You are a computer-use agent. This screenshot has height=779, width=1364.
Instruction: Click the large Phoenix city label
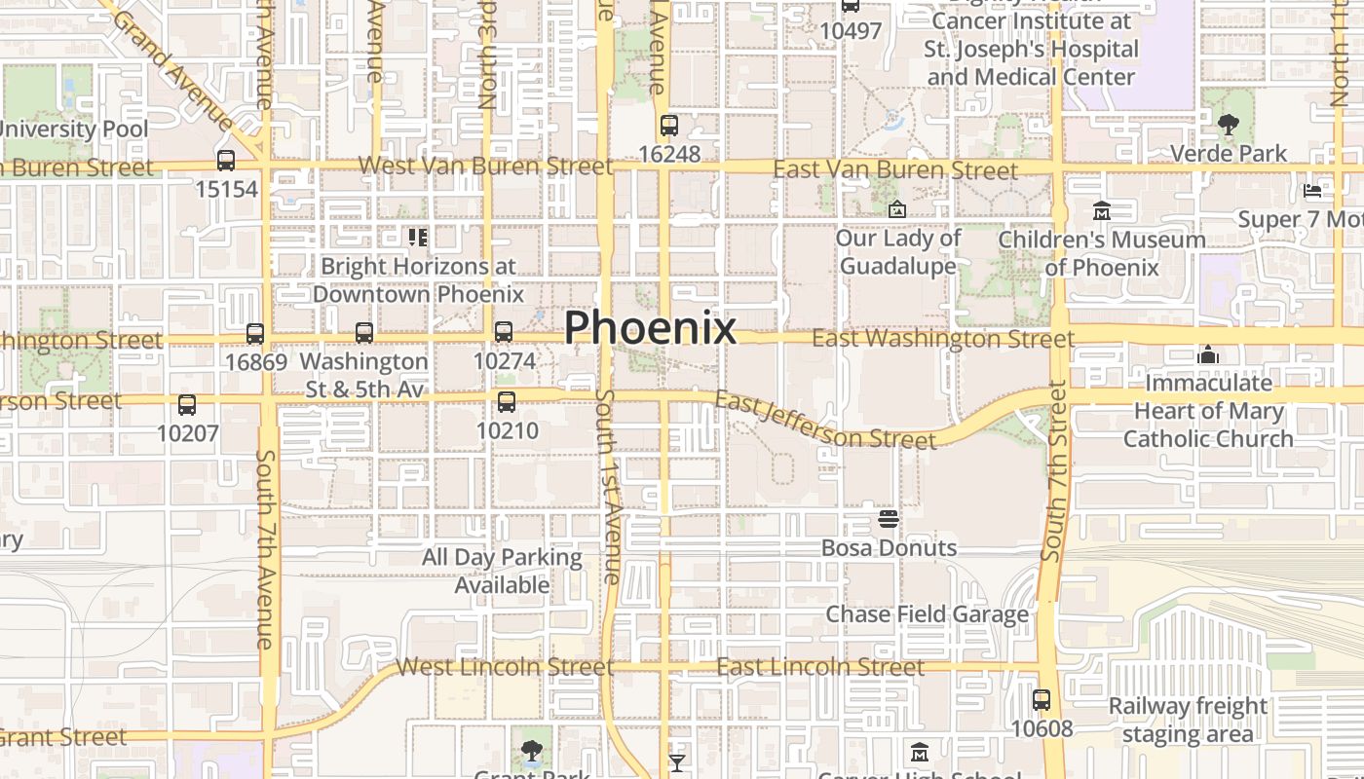pyautogui.click(x=650, y=327)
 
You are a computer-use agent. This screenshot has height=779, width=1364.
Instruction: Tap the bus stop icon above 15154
pyautogui.click(x=226, y=161)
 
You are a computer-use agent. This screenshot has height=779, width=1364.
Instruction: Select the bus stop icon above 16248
pyautogui.click(x=668, y=126)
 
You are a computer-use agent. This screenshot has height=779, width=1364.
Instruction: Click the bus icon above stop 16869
pyautogui.click(x=255, y=334)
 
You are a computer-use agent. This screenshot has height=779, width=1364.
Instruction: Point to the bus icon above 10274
pyautogui.click(x=504, y=332)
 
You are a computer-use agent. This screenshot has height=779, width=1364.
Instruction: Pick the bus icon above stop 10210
pyautogui.click(x=506, y=402)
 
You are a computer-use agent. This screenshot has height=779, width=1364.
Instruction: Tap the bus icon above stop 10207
pyautogui.click(x=187, y=405)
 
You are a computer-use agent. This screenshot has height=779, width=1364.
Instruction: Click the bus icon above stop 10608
pyautogui.click(x=1042, y=700)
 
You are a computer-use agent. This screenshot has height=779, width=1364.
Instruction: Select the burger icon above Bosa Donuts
pyautogui.click(x=888, y=519)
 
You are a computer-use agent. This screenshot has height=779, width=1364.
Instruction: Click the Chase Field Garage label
pyautogui.click(x=928, y=614)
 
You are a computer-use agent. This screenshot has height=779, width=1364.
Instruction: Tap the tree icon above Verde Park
pyautogui.click(x=1228, y=125)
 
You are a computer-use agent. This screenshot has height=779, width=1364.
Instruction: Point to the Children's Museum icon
pyautogui.click(x=1102, y=210)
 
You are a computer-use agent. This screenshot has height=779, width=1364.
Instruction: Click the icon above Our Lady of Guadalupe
pyautogui.click(x=897, y=209)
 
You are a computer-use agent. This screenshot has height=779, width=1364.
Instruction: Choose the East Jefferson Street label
pyautogui.click(x=824, y=420)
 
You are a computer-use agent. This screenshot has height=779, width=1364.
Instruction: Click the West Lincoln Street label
pyautogui.click(x=505, y=667)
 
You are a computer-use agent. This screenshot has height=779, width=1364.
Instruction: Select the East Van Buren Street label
pyautogui.click(x=894, y=170)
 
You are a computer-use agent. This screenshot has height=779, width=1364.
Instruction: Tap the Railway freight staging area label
pyautogui.click(x=1188, y=720)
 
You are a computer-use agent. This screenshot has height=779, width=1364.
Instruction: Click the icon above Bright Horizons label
pyautogui.click(x=418, y=237)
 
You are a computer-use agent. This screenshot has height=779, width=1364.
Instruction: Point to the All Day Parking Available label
pyautogui.click(x=502, y=572)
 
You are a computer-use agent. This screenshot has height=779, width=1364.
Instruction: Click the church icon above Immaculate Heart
pyautogui.click(x=1208, y=354)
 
